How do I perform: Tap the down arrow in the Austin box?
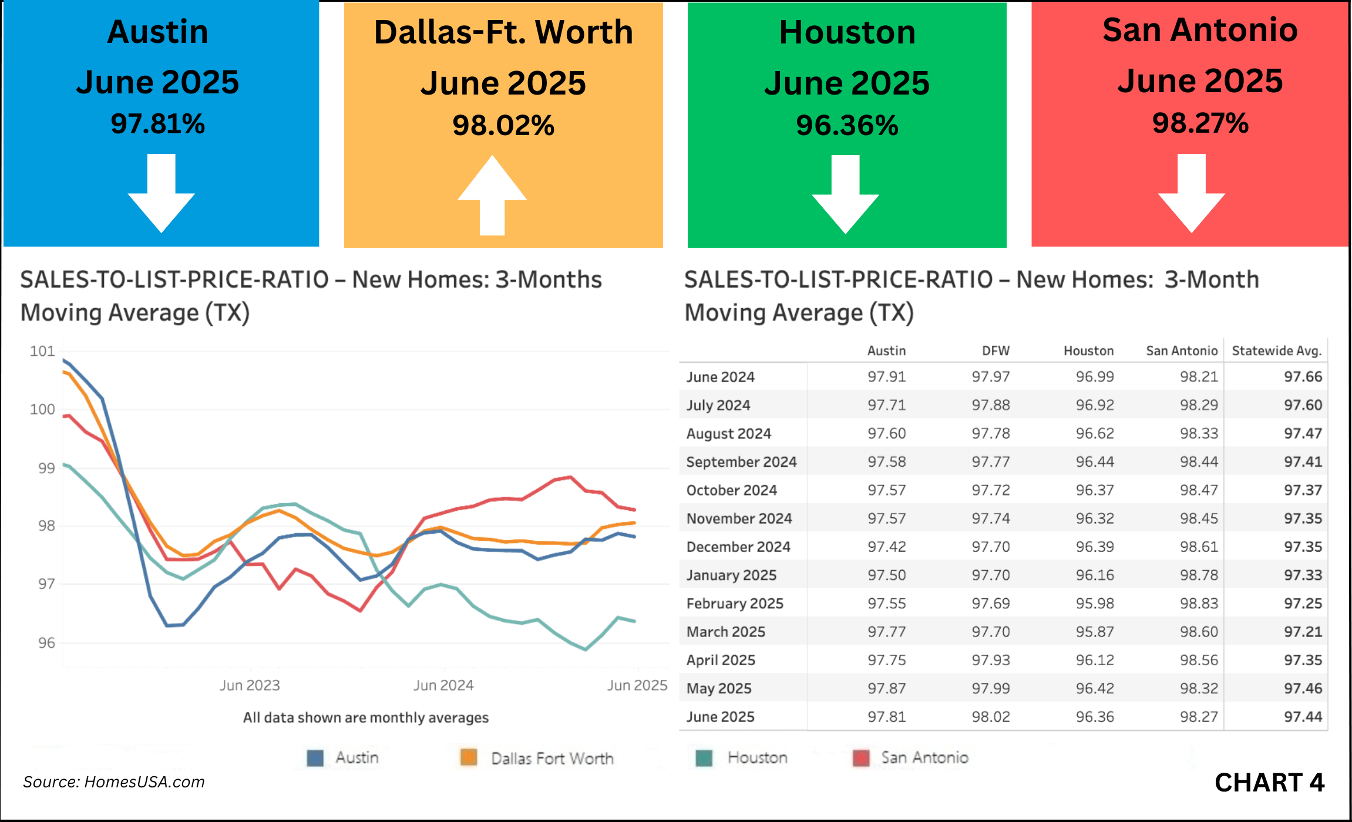point(161,194)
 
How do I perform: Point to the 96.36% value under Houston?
point(847,125)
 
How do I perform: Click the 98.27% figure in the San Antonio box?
point(1200,123)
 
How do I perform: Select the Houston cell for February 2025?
point(1095,604)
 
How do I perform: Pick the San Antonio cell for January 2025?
point(1199,575)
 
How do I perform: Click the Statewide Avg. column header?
point(1276,351)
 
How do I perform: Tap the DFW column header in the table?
point(995,351)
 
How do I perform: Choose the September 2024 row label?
point(741,462)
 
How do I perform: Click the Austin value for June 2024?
point(887,376)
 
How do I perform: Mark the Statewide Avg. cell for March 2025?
point(1303,632)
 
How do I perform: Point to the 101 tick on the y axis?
point(42,351)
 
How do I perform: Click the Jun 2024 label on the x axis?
point(443,685)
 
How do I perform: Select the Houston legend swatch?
point(704,758)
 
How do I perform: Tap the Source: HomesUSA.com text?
point(114,782)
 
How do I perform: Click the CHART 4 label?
point(1269,783)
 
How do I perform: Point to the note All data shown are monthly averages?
point(365,717)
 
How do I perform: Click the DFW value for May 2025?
point(991,688)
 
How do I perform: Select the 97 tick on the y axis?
point(46,584)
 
